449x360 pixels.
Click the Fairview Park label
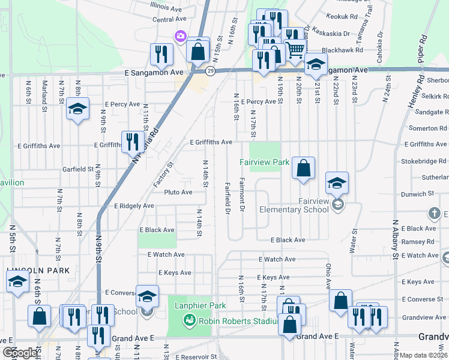click(x=265, y=162)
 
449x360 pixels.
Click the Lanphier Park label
click(x=201, y=305)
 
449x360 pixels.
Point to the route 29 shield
click(x=210, y=71)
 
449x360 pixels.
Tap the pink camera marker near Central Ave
click(x=179, y=37)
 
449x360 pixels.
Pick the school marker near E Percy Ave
click(x=77, y=109)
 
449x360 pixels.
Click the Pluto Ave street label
click(x=178, y=193)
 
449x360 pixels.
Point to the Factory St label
click(x=163, y=173)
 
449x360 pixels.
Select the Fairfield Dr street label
click(x=228, y=199)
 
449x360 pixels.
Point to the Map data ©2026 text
click(x=424, y=355)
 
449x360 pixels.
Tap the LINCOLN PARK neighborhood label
click(x=34, y=271)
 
